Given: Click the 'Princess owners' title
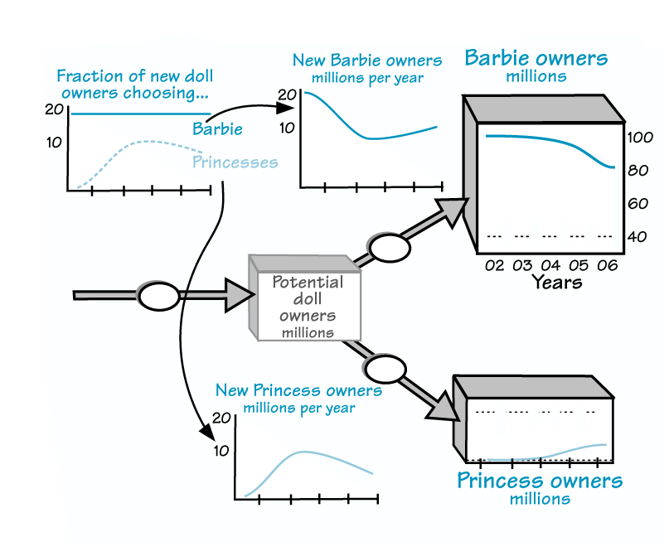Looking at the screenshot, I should tap(540, 481).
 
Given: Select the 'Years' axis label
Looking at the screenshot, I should tap(556, 283).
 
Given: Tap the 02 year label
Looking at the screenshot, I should tap(495, 266).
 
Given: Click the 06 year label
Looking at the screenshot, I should tap(608, 266).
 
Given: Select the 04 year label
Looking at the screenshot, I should tap(551, 266).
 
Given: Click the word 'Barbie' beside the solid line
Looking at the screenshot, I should tap(217, 129).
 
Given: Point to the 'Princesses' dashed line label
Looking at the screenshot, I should tap(235, 162).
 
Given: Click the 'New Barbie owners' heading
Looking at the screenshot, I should tap(366, 60).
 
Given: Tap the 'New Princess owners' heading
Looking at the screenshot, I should tap(298, 390).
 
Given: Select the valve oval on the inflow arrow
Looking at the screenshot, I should tap(158, 296).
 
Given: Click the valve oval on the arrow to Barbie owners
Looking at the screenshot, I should tap(389, 246).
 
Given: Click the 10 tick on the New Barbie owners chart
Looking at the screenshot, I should tap(286, 128).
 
